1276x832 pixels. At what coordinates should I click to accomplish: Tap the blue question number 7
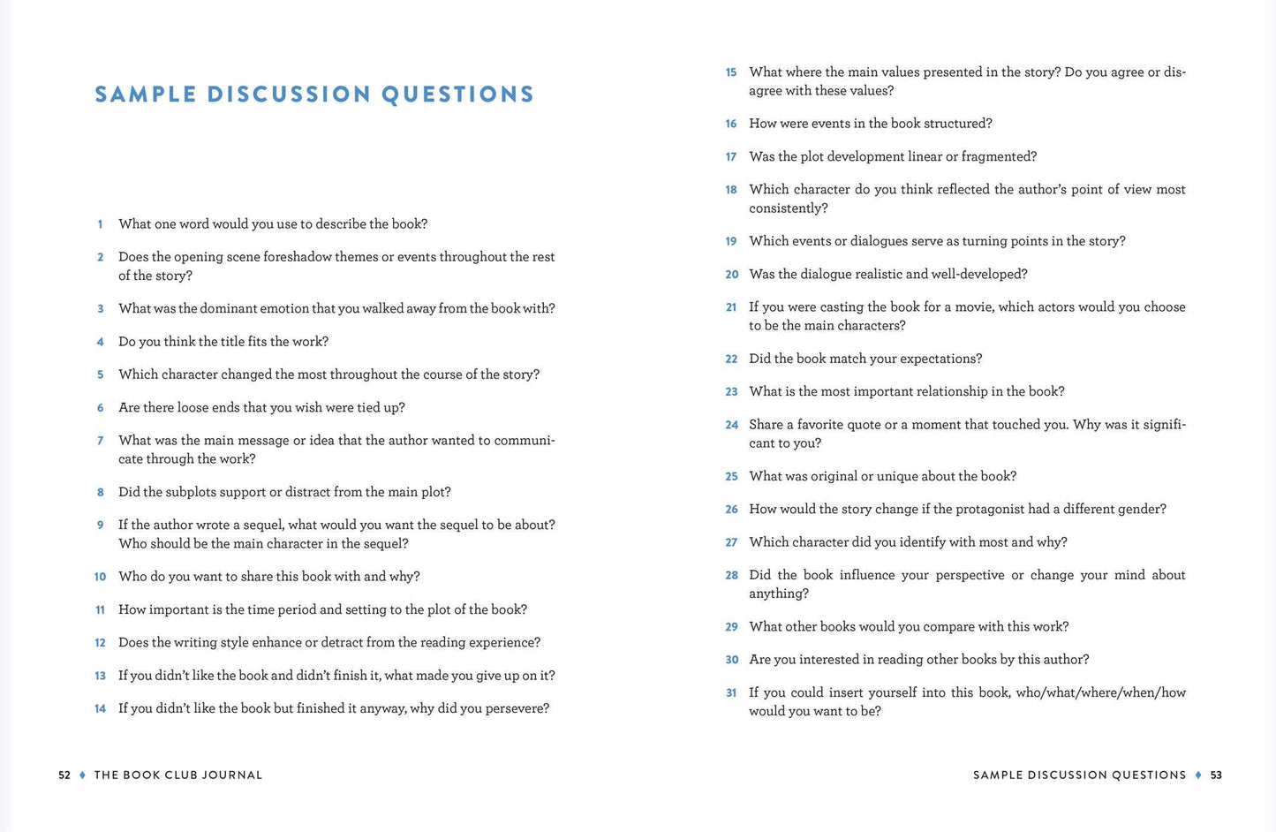click(x=101, y=441)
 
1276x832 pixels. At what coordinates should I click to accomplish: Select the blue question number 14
click(x=100, y=708)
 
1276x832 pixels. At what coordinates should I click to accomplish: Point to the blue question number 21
click(x=731, y=307)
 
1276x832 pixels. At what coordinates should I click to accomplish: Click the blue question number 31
click(x=731, y=693)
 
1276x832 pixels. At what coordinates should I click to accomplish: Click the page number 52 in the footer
click(x=64, y=775)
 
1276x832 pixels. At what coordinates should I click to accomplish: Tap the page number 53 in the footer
click(x=1216, y=775)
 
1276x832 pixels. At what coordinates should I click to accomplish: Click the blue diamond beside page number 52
click(x=82, y=775)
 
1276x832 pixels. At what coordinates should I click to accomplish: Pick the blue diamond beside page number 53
click(x=1198, y=775)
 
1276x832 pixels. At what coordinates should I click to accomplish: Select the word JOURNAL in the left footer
click(x=232, y=775)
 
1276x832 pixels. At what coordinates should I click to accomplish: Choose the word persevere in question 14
click(x=516, y=708)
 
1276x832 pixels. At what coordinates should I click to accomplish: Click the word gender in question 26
click(x=1140, y=509)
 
